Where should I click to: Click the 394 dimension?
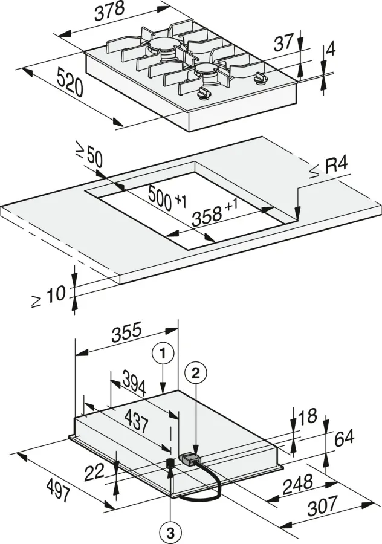point(134,383)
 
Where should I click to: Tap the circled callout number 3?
point(170,533)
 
